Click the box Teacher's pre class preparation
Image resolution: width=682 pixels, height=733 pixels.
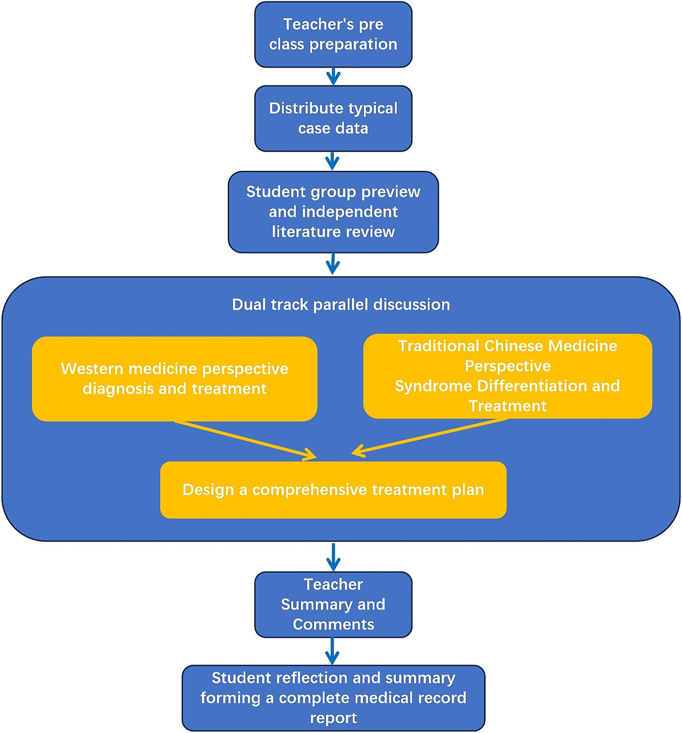coord(333,35)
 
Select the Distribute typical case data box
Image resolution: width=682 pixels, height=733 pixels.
coord(333,119)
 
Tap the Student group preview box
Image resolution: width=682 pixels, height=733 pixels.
coord(333,212)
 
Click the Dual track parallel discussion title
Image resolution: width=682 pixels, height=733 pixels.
coord(341,305)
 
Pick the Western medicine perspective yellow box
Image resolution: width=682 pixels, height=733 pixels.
coord(175,379)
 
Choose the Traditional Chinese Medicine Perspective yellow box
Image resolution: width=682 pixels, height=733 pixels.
coord(507,376)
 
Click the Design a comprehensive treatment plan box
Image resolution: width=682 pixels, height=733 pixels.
coord(333,490)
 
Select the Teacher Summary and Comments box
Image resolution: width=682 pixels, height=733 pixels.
coord(333,605)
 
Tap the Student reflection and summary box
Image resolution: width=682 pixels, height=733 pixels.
coord(333,698)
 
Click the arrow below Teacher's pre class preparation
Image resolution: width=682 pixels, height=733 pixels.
coord(333,76)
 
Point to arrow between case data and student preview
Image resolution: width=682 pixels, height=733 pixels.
coord(332,161)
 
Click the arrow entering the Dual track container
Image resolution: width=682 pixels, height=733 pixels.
coord(333,264)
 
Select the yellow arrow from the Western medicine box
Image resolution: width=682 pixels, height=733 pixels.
coord(244,440)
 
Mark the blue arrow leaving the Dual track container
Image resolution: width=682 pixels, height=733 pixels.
coord(333,557)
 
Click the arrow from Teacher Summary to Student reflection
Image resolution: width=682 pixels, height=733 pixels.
coord(332,651)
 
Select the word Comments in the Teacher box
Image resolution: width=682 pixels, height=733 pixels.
coord(333,625)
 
